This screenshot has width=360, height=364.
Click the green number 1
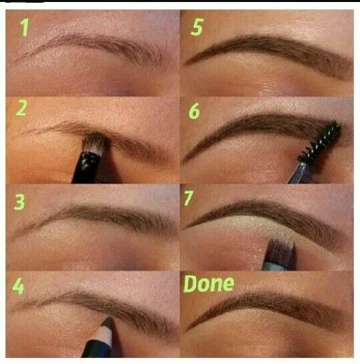tap(25, 27)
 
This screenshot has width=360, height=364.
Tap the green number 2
tap(21, 108)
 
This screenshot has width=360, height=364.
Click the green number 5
tap(195, 27)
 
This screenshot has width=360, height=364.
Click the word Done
tap(209, 284)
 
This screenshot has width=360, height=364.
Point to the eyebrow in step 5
tap(267, 48)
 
